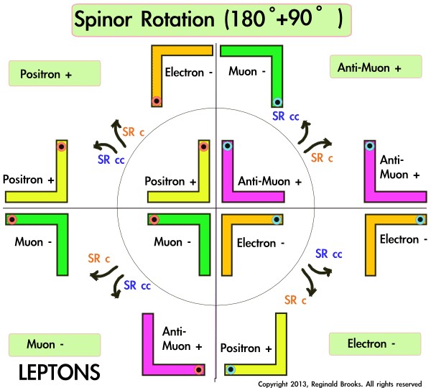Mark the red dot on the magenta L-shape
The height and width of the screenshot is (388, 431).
(197, 370)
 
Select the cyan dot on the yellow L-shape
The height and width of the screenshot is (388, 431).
(231, 370)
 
